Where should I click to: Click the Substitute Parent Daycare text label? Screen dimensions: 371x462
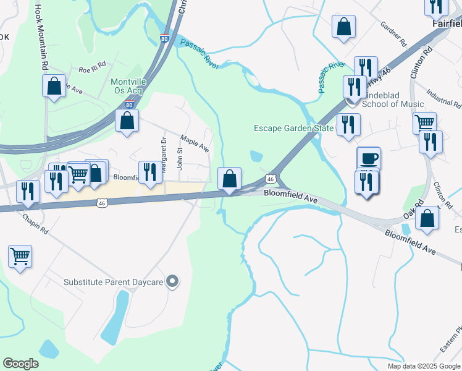(x=113, y=283)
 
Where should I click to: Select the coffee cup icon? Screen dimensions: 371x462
(x=369, y=158)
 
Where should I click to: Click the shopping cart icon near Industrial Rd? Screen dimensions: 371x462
(x=425, y=122)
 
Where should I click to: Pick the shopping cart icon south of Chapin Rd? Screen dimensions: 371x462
(x=20, y=255)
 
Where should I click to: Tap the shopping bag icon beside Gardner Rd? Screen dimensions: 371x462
(x=344, y=27)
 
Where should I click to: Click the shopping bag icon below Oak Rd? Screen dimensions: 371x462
(x=427, y=218)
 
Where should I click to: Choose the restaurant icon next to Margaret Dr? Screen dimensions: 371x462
(x=149, y=172)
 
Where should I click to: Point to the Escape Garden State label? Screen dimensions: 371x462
(x=293, y=129)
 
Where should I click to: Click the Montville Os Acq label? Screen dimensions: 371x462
(x=127, y=86)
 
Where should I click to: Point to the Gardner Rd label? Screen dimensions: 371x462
(x=393, y=35)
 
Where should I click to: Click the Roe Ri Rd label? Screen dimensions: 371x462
(x=92, y=70)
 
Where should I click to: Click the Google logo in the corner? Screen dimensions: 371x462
(x=20, y=364)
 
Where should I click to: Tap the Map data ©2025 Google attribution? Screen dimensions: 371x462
(x=424, y=366)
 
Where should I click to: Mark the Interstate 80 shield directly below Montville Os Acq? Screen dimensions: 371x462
(x=128, y=105)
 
